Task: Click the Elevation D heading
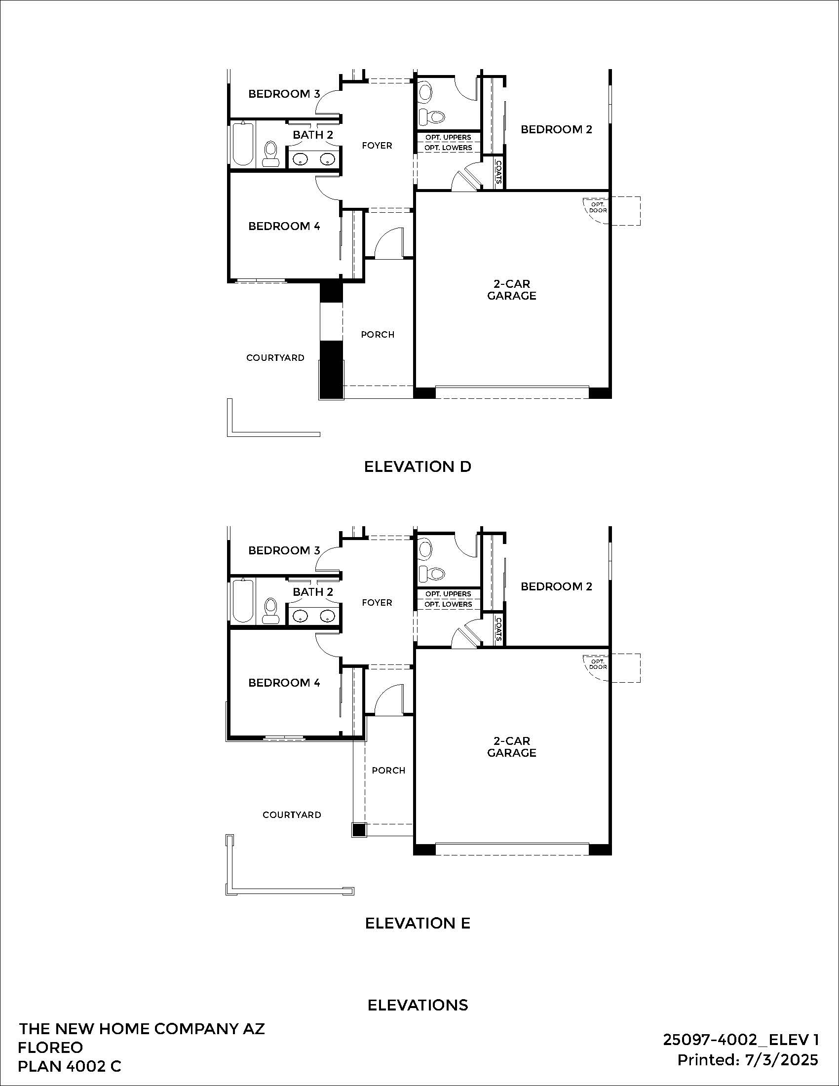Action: tap(418, 466)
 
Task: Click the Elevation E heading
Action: tap(418, 923)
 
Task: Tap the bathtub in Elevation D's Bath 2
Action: tap(243, 144)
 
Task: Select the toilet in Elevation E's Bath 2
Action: tap(271, 610)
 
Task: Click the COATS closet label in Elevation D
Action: tap(498, 172)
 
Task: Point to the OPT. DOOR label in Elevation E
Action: tap(598, 664)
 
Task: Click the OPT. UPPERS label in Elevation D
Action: tap(448, 137)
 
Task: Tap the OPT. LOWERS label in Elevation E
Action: tap(448, 604)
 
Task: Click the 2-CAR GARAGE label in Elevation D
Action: tap(511, 289)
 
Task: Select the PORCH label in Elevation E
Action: tap(388, 770)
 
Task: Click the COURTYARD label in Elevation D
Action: tap(275, 357)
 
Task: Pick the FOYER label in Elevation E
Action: tap(377, 602)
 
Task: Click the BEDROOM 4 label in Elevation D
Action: tap(284, 226)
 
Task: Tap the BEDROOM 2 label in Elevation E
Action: tap(556, 586)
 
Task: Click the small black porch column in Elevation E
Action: tap(358, 830)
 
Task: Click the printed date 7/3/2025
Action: tap(781, 1060)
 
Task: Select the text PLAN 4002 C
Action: tap(70, 1066)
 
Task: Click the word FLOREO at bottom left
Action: tap(50, 1047)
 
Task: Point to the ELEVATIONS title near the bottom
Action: tap(418, 1005)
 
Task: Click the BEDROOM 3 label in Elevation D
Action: tap(284, 93)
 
